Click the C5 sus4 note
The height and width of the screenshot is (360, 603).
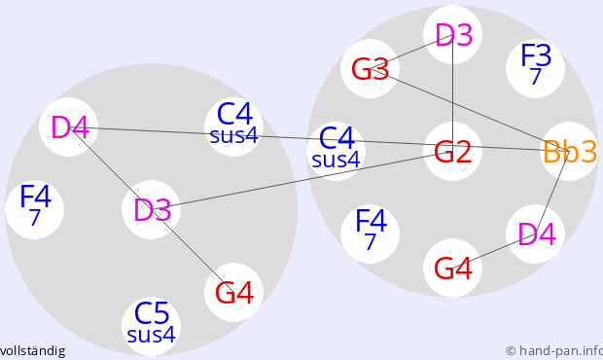151,326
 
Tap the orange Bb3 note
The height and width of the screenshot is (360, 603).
569,151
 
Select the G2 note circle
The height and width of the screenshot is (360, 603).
452,151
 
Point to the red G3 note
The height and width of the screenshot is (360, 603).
370,68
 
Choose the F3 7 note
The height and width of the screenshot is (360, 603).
535,68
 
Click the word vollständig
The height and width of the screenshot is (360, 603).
33,351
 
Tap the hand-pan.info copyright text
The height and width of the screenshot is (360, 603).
554,351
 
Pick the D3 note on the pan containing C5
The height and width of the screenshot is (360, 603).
151,209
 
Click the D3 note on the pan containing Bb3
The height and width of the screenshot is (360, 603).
452,35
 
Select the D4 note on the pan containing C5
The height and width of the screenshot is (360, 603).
68,126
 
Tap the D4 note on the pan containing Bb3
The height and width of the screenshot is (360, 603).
535,234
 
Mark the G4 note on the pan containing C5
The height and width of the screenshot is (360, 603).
233,292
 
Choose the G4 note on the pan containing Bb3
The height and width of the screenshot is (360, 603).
452,269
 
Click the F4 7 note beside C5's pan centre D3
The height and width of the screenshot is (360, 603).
35,209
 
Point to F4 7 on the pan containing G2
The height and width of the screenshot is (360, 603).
370,234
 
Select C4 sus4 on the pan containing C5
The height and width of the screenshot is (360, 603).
233,126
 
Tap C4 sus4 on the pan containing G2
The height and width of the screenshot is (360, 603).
337,151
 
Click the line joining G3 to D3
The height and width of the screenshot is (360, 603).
411,52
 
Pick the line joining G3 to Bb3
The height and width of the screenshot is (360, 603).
470,110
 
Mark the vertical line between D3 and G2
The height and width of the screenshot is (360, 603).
452,93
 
